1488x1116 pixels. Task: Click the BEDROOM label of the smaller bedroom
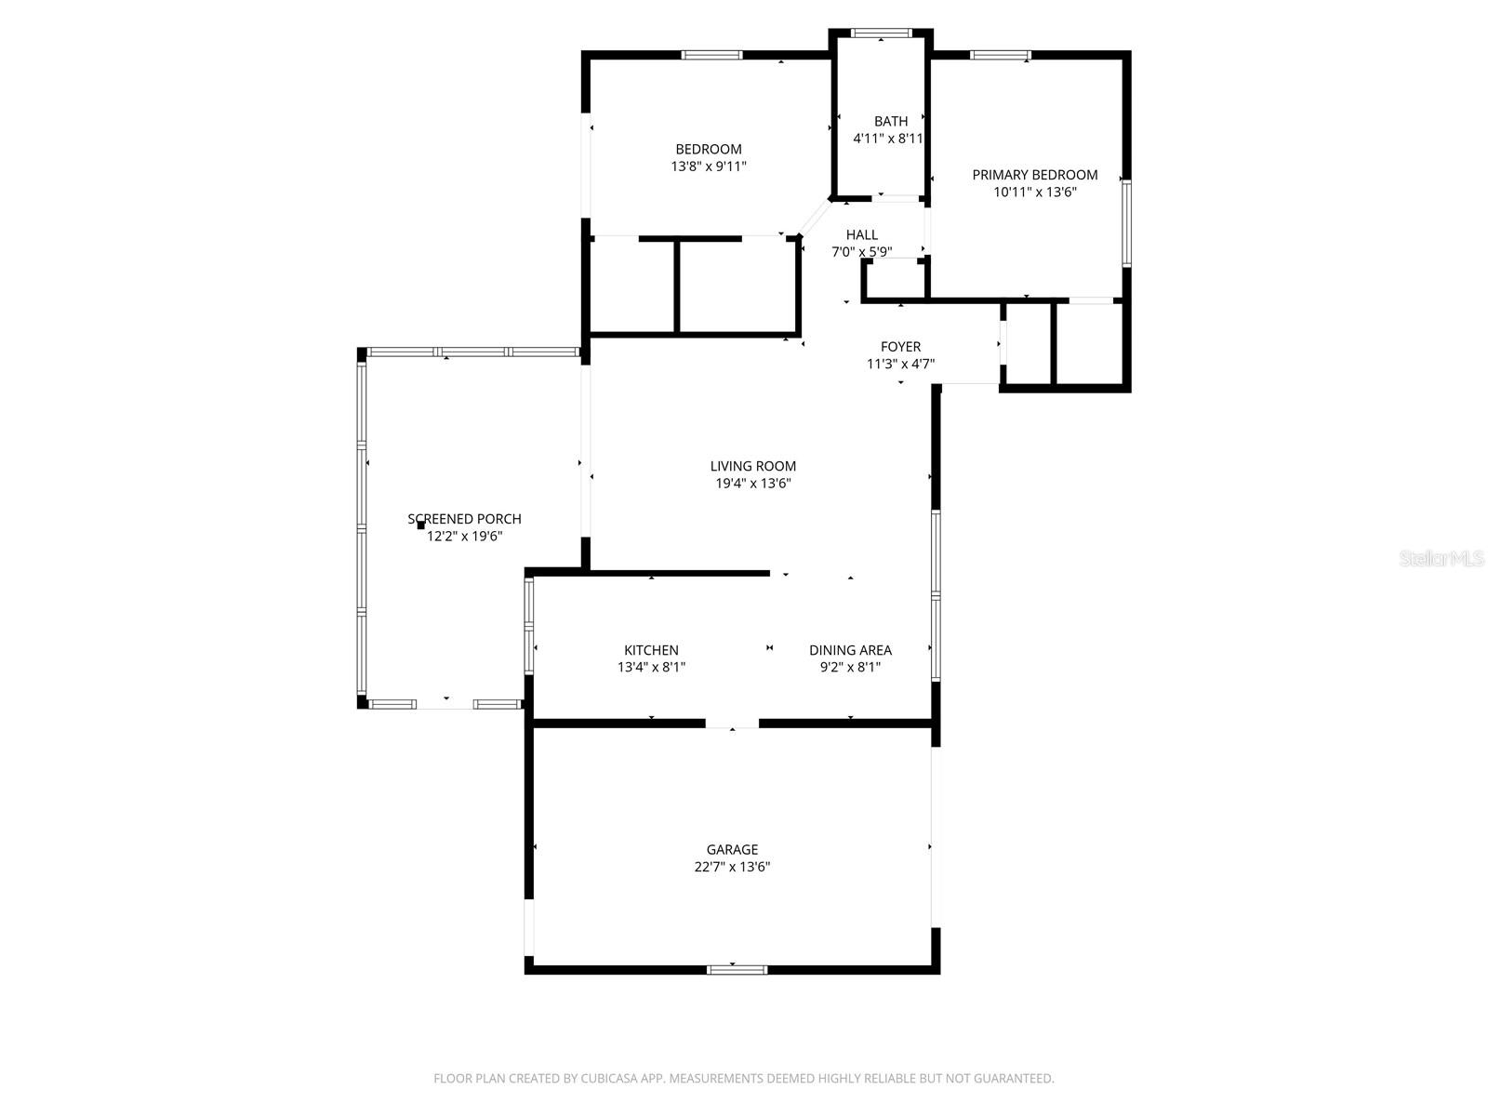709,149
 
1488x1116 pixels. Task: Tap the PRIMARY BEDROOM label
1035,175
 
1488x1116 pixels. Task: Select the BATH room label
891,121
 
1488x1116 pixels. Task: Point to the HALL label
862,234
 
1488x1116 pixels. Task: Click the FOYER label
901,347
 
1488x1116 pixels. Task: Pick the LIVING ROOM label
753,466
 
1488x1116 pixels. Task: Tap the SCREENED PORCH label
464,519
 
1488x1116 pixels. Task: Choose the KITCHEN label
651,650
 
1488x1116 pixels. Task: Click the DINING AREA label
850,650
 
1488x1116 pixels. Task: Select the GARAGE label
732,849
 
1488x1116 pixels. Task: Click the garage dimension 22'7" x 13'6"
732,867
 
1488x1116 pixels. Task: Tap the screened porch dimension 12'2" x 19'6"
464,537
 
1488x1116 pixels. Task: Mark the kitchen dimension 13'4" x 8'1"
651,667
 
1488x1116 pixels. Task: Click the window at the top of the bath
882,34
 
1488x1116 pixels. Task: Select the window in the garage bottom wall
737,970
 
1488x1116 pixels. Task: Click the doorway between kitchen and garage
732,723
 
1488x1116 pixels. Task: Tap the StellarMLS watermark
1442,559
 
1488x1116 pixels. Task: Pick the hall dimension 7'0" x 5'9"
862,251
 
